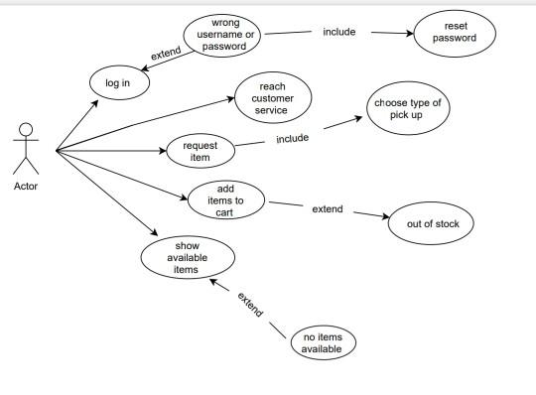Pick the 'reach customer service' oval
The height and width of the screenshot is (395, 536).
272,98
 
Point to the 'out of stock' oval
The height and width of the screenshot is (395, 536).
432,223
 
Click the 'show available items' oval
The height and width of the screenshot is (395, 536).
188,255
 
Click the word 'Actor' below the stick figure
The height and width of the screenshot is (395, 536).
27,186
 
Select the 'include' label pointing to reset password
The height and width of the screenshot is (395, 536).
338,32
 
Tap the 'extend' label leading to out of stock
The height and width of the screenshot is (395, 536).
327,209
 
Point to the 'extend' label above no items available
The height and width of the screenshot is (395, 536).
250,305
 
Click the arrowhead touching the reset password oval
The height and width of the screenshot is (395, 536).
408,35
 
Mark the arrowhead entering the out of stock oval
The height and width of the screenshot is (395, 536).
386,218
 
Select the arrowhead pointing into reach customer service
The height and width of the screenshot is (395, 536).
229,97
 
